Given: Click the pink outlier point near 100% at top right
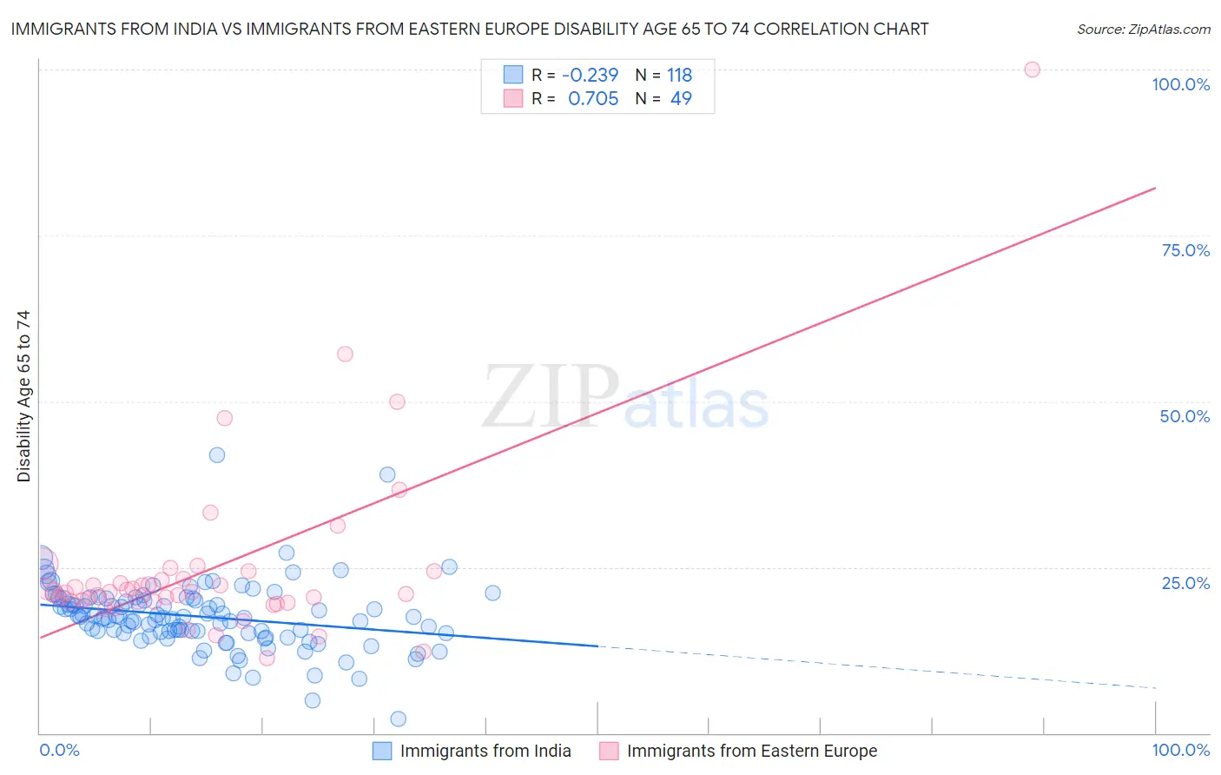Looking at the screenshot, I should pyautogui.click(x=1032, y=70).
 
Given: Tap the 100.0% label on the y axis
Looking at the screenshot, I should pyautogui.click(x=1180, y=84).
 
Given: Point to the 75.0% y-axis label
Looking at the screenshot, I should pyautogui.click(x=1185, y=250).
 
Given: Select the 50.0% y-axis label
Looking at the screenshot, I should pyautogui.click(x=1185, y=416).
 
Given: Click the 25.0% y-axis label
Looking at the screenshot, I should pyautogui.click(x=1185, y=582).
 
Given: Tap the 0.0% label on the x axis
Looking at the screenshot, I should pyautogui.click(x=59, y=750).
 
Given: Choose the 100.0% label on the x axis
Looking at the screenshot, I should pyautogui.click(x=1180, y=750).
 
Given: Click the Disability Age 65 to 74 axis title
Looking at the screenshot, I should pyautogui.click(x=23, y=396).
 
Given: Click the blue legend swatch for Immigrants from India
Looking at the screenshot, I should pyautogui.click(x=382, y=751).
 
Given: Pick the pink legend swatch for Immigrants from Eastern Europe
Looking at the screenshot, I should pyautogui.click(x=609, y=751).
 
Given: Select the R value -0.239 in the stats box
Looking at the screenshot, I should pyautogui.click(x=591, y=76).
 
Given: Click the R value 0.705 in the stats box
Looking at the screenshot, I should pyautogui.click(x=593, y=99).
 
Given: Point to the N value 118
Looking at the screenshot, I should pyautogui.click(x=679, y=76).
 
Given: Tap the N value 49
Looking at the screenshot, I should pyautogui.click(x=681, y=99).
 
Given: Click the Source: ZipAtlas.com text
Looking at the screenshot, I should pyautogui.click(x=1143, y=30).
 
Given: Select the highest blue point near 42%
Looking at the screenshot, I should pyautogui.click(x=217, y=455).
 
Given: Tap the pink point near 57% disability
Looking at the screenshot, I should pyautogui.click(x=345, y=354).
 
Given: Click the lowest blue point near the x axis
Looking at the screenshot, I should pyautogui.click(x=399, y=719).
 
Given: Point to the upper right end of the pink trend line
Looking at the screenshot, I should pyautogui.click(x=1155, y=188).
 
